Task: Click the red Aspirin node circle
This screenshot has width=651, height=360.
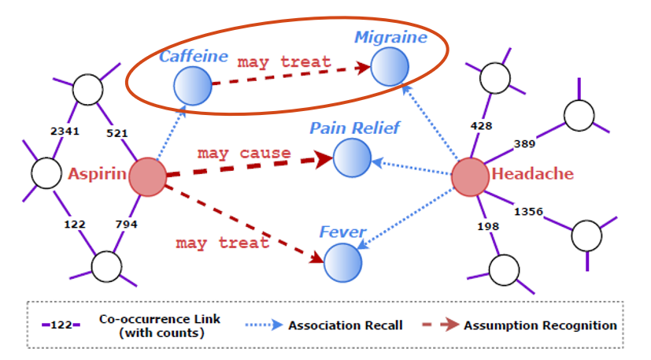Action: click(147, 176)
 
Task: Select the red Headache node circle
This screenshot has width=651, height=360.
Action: click(471, 176)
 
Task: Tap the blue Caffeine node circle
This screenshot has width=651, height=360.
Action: click(192, 85)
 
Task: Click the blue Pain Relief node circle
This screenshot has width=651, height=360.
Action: click(352, 158)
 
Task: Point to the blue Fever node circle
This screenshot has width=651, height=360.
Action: click(343, 261)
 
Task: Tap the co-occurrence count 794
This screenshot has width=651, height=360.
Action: click(127, 225)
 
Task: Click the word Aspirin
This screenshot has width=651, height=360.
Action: click(98, 174)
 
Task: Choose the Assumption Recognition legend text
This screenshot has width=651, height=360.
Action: click(540, 325)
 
